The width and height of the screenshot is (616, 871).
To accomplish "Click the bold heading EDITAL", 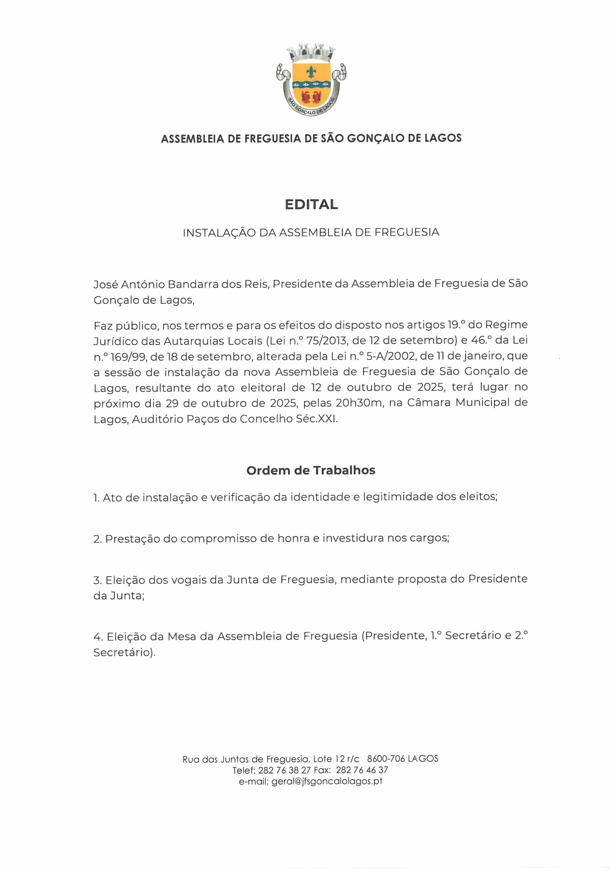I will pyautogui.click(x=311, y=204).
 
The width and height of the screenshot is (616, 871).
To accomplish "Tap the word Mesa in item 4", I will pyautogui.click(x=182, y=636).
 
